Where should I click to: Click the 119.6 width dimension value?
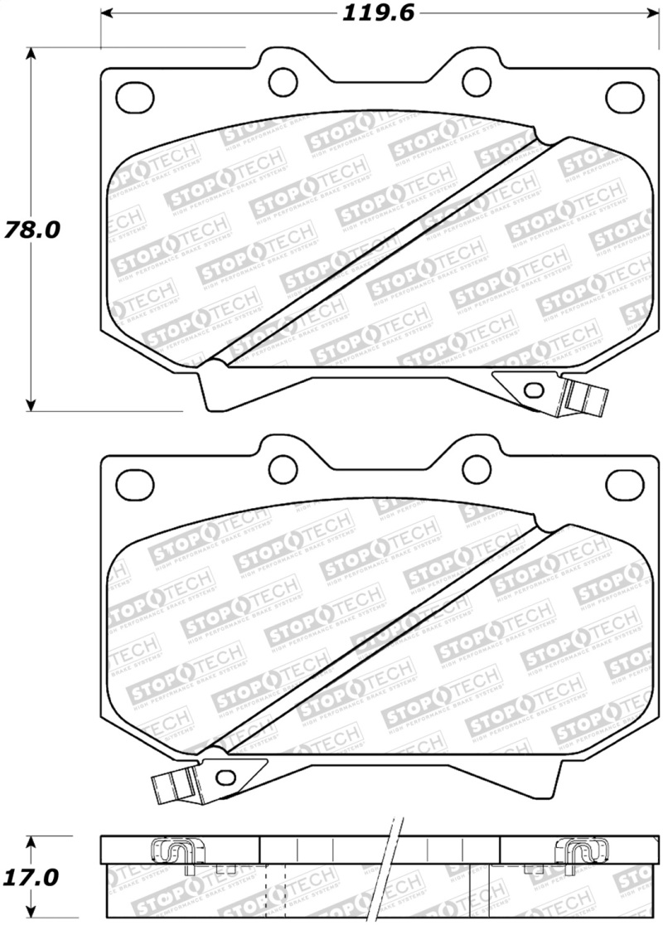click(x=375, y=13)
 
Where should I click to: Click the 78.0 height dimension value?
click(x=31, y=230)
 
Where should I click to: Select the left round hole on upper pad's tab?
click(x=283, y=80)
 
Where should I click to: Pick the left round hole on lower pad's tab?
click(x=283, y=466)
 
